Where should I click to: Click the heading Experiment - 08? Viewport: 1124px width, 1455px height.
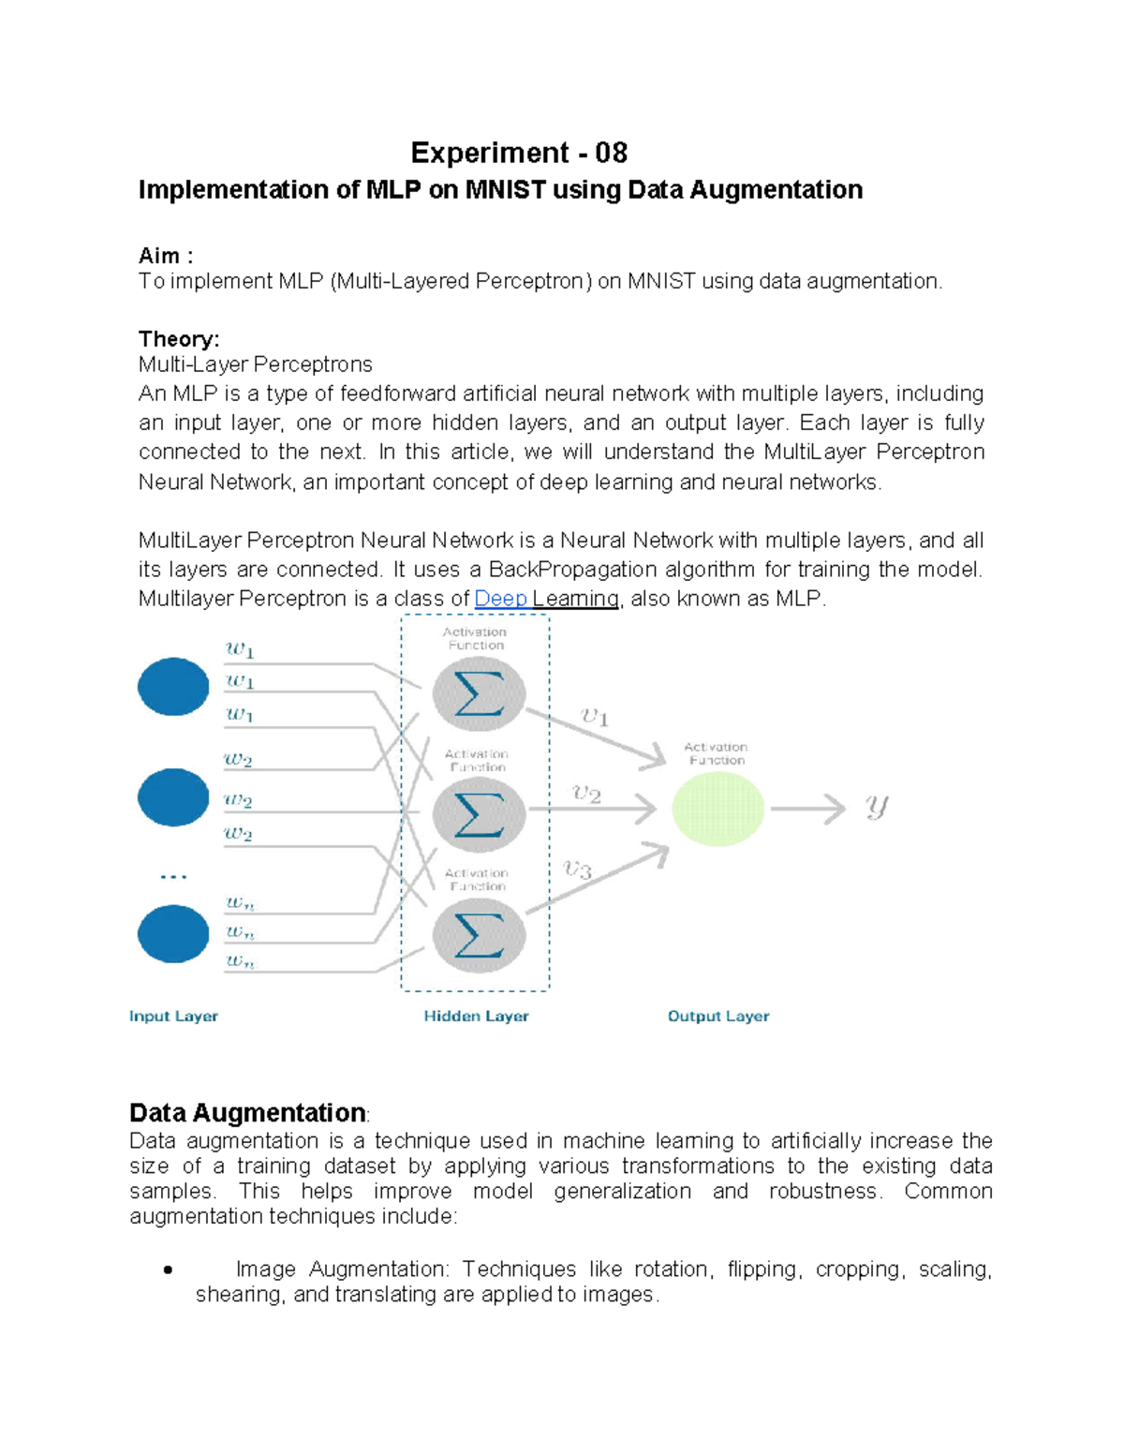coord(519,153)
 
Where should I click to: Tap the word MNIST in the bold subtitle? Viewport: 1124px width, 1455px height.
coord(506,190)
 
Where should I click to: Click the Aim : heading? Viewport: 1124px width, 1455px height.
coord(166,256)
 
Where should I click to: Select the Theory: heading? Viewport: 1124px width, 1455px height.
coord(179,339)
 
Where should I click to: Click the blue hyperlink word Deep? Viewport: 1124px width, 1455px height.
coord(501,599)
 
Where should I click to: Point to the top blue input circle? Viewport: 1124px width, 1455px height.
coord(173,687)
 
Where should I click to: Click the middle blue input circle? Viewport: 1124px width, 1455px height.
coord(173,797)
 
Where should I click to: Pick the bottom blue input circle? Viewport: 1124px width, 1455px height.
coord(173,933)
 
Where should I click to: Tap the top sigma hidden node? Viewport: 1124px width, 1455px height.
coord(479,694)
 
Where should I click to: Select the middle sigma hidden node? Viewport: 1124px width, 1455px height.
coord(479,813)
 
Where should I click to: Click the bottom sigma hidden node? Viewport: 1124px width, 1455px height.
coord(479,935)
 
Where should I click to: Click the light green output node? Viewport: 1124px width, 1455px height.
coord(718,809)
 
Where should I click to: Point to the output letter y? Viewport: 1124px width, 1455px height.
coord(877,807)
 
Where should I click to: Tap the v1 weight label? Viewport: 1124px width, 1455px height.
coord(595,718)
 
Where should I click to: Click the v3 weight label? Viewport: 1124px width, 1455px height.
coord(578,869)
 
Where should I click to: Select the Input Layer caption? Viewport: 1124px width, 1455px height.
coord(173,1017)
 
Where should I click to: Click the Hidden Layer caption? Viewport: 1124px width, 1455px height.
coord(476,1017)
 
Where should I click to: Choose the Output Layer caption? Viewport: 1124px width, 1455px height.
coord(718,1017)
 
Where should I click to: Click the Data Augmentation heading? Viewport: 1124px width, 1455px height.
coord(247,1113)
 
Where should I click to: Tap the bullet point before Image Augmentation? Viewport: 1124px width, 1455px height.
coord(168,1270)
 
